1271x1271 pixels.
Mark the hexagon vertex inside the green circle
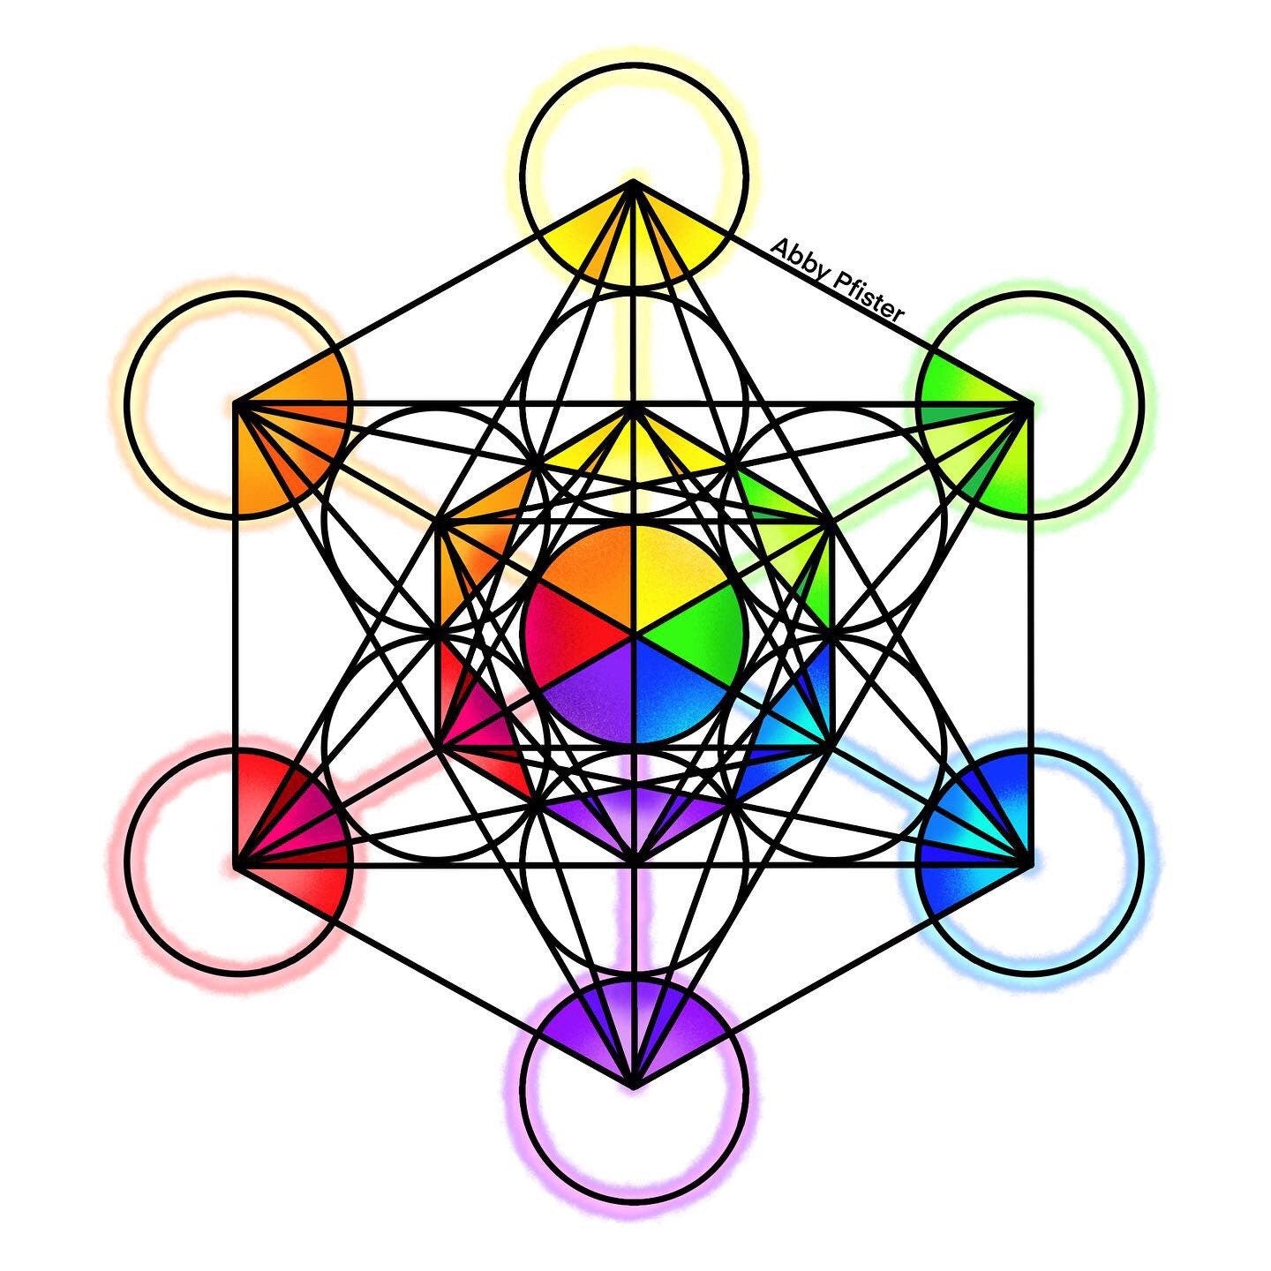(1031, 404)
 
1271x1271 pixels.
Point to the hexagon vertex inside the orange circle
(236, 404)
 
